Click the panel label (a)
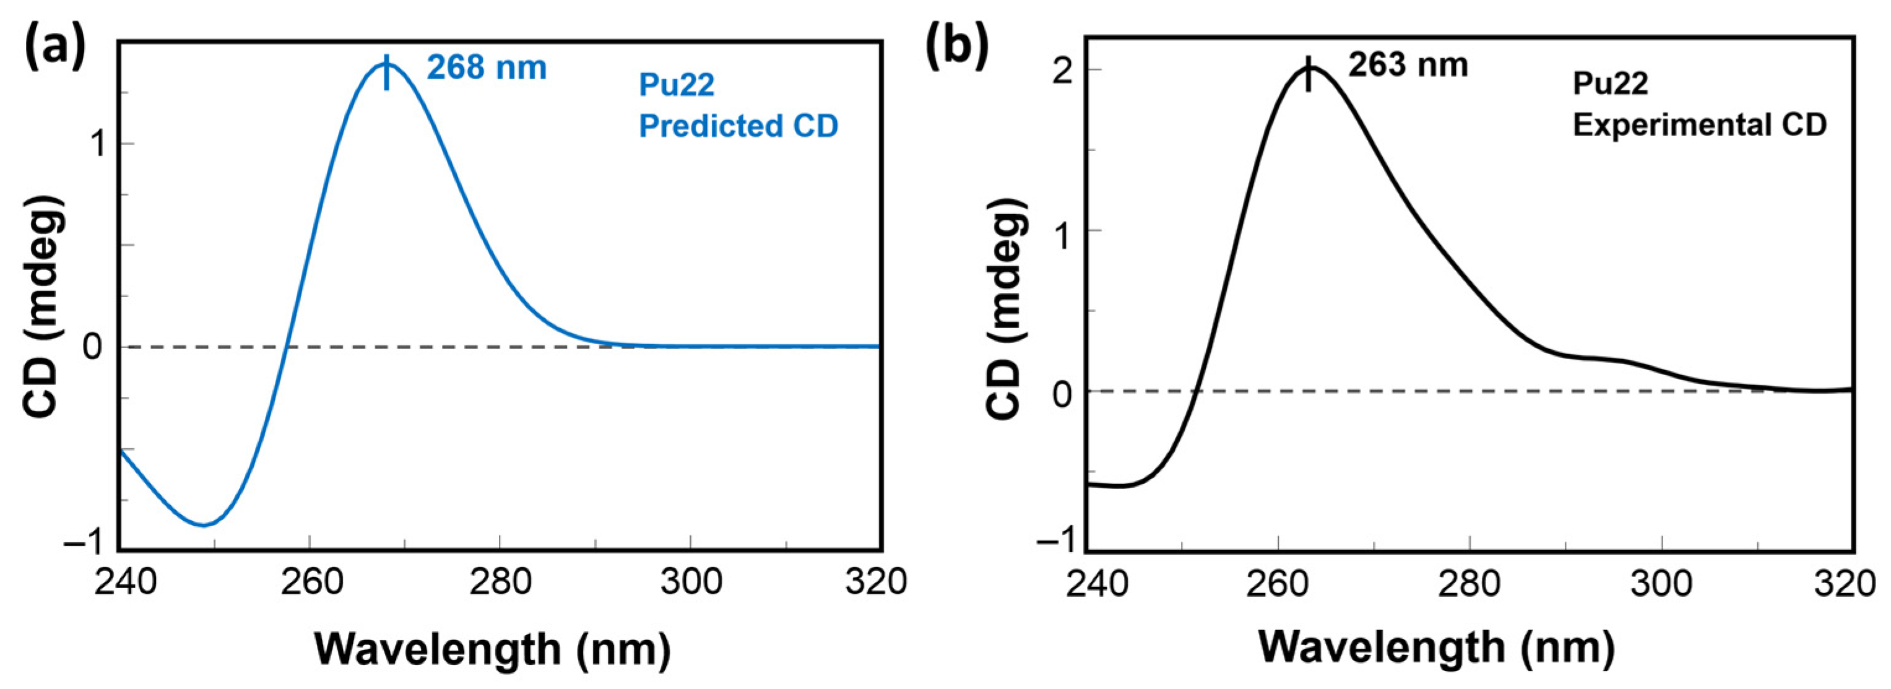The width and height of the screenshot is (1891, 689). click(56, 46)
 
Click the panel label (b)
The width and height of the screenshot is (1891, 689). click(956, 46)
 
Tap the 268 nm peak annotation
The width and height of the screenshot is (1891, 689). click(487, 67)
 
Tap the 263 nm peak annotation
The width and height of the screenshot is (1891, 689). click(1407, 66)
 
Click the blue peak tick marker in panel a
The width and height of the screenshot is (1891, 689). click(387, 72)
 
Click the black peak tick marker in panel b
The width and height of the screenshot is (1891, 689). click(1307, 74)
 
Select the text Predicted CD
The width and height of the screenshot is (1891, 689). click(738, 126)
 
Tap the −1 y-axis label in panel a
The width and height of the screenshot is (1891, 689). click(87, 544)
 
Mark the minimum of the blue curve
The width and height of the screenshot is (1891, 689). click(204, 524)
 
